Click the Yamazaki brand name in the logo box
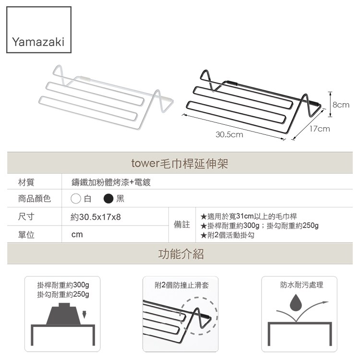click(x=38, y=42)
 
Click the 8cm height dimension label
click(x=341, y=105)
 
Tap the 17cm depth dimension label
click(x=320, y=129)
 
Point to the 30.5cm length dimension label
click(x=229, y=134)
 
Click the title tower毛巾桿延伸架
click(x=180, y=164)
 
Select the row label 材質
click(x=26, y=182)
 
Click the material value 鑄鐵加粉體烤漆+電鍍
click(x=111, y=182)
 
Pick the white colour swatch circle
click(x=76, y=199)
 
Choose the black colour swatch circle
click(x=108, y=199)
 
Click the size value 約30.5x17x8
click(x=96, y=217)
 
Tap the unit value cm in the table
click(x=77, y=234)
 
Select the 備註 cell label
click(x=182, y=225)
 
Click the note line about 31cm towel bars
click(x=249, y=216)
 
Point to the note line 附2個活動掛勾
click(x=228, y=235)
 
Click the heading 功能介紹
click(x=181, y=254)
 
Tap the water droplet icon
click(x=296, y=302)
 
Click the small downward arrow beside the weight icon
click(x=84, y=314)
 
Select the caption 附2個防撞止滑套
click(x=181, y=286)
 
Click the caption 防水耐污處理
click(x=302, y=285)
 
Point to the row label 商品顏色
click(x=35, y=199)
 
